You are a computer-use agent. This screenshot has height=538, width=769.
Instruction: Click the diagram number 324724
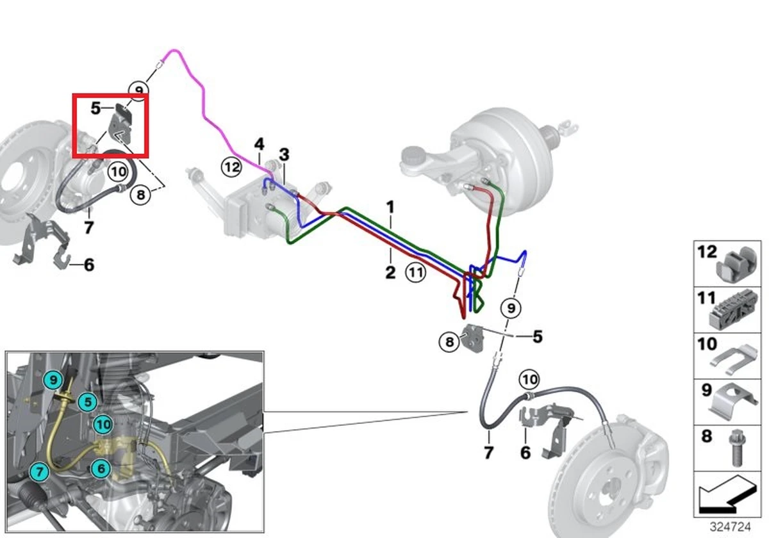pyautogui.click(x=732, y=526)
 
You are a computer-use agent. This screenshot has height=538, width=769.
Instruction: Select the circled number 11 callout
pyautogui.click(x=416, y=273)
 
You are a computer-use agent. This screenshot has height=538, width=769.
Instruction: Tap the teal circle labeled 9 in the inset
pyautogui.click(x=53, y=379)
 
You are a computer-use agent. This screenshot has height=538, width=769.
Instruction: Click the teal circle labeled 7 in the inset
pyautogui.click(x=40, y=472)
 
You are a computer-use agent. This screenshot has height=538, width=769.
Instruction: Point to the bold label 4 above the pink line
pyautogui.click(x=259, y=143)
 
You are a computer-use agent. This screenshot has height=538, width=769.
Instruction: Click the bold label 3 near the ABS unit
pyautogui.click(x=284, y=154)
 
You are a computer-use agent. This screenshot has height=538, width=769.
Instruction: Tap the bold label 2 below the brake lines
pyautogui.click(x=390, y=272)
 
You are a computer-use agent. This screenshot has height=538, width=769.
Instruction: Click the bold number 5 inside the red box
pyautogui.click(x=95, y=108)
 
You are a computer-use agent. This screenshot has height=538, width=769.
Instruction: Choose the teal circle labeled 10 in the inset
pyautogui.click(x=102, y=423)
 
